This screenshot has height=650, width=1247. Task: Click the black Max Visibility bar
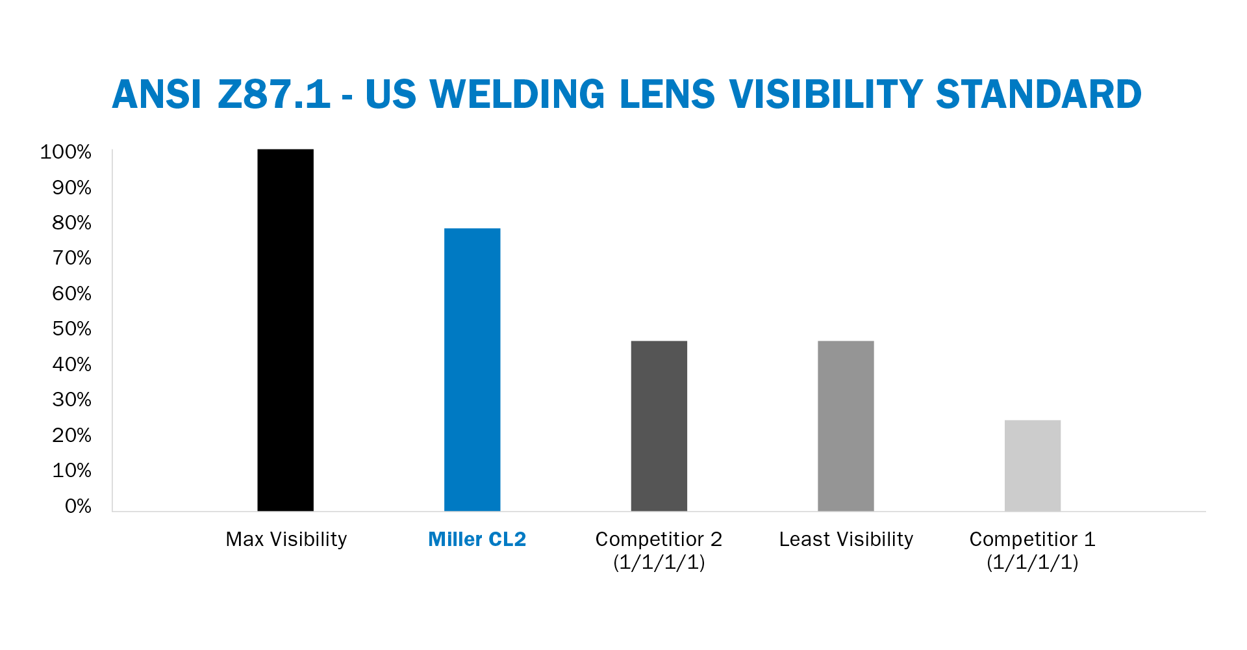coord(285,330)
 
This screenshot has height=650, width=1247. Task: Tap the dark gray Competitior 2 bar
coord(659,426)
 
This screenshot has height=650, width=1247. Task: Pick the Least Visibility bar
coord(846,426)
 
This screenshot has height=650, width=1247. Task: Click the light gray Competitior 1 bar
coord(1032,465)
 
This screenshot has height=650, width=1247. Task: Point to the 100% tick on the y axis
coord(66,152)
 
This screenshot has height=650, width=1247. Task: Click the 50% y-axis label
coord(71,329)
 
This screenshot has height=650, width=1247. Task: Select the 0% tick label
coord(78,506)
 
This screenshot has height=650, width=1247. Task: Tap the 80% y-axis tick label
coord(71,223)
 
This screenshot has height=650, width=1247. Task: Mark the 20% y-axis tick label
coord(71,435)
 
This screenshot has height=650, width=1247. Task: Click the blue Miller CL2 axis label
coord(477,539)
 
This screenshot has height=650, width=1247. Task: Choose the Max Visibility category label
coord(286,539)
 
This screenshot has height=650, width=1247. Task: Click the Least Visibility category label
coord(846,539)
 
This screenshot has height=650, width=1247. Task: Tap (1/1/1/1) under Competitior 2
coord(659,562)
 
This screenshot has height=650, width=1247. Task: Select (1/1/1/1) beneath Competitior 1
coord(1032,562)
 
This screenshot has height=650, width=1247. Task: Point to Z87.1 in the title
coord(274,94)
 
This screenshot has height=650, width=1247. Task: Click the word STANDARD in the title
coord(1039,94)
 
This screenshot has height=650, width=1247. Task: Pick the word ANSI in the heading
coord(157,94)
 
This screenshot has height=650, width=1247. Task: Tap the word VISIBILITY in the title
coord(826,94)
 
